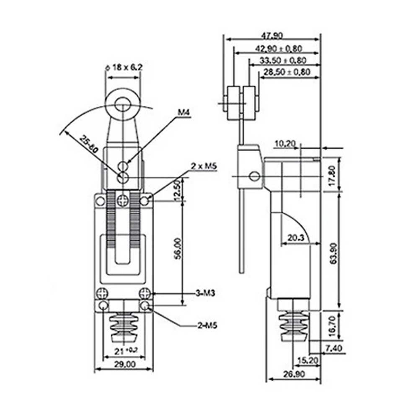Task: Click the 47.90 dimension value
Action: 272,35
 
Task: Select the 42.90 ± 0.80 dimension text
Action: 279,49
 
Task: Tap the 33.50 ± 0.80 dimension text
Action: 283,61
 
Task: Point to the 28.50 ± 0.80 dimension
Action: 287,72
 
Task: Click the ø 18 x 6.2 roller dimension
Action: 124,67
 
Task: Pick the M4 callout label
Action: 184,112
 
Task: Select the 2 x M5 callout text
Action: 204,166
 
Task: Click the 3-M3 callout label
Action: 205,293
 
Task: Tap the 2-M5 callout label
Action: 207,326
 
